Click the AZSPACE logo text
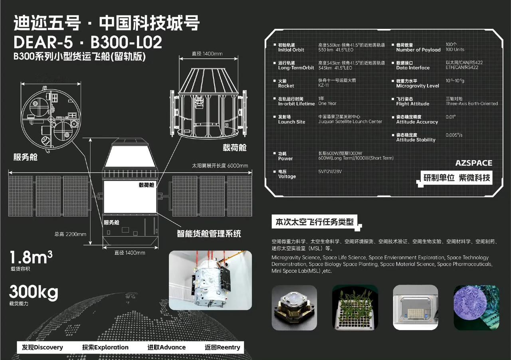[473, 163]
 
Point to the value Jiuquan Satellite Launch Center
[350, 122]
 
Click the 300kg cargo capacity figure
[34, 293]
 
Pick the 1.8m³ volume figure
[31, 257]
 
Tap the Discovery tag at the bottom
[42, 347]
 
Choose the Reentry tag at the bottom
[222, 347]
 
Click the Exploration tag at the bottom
[105, 347]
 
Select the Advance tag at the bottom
[166, 347]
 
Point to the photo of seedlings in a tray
[355, 308]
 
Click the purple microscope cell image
[476, 308]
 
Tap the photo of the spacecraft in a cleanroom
[210, 280]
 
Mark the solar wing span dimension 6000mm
[220, 166]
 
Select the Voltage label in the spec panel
[287, 176]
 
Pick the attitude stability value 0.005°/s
[454, 135]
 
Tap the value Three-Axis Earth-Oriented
[471, 104]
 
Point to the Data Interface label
[413, 68]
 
